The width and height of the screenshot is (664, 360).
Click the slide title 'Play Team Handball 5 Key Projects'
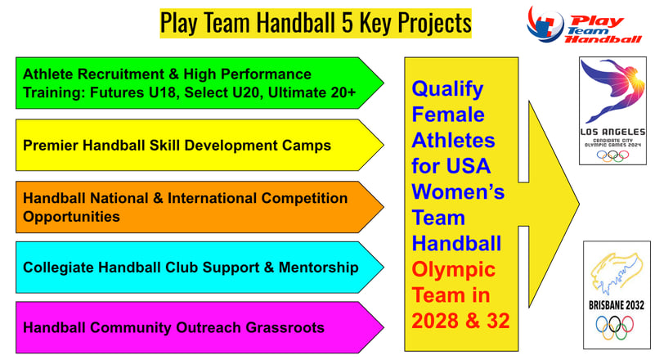[x=316, y=23]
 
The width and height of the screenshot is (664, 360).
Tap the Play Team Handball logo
[x=585, y=25]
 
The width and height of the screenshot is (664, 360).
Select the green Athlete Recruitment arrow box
[x=200, y=83]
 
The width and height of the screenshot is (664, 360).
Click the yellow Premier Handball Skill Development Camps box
[x=200, y=145]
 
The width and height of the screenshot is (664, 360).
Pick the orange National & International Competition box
[x=200, y=207]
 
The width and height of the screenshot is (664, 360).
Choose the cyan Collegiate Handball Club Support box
[x=200, y=268]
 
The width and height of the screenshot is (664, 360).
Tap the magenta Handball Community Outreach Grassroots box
[x=200, y=327]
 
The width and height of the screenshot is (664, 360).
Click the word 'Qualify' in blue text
[x=447, y=89]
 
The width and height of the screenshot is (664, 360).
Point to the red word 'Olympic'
[x=454, y=270]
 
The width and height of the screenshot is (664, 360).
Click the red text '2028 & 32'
[x=460, y=321]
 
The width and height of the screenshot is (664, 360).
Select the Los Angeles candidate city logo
[x=612, y=110]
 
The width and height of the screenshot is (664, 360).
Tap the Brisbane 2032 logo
[x=617, y=295]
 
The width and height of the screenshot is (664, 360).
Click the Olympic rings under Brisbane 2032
[x=615, y=327]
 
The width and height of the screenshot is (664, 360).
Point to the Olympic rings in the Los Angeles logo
[x=612, y=155]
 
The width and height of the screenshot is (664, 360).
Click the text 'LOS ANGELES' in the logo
[x=612, y=133]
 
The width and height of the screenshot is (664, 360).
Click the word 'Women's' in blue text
[x=458, y=191]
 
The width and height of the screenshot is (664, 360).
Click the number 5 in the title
[x=348, y=23]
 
